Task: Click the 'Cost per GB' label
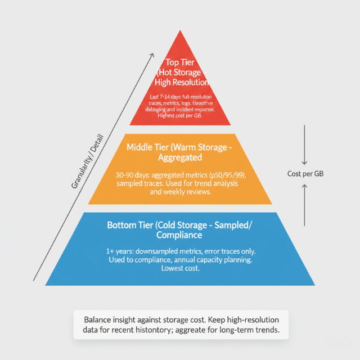click(304, 174)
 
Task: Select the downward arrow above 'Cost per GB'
click(304, 143)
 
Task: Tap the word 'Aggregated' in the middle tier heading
click(180, 159)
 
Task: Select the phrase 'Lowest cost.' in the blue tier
click(180, 269)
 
